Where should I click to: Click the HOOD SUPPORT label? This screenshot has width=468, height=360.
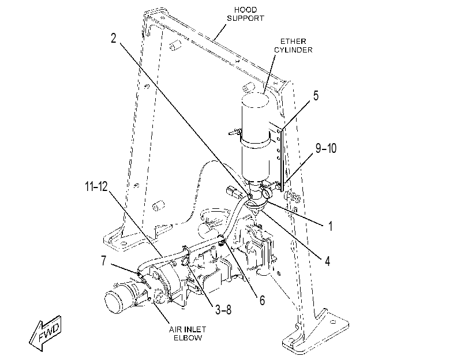pyautogui.click(x=245, y=14)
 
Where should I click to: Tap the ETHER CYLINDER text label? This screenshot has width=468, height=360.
pyautogui.click(x=293, y=46)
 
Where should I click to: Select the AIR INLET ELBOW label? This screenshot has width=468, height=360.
pyautogui.click(x=188, y=333)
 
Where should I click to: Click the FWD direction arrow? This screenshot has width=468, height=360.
pyautogui.click(x=46, y=333)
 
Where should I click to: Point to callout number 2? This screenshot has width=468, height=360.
pyautogui.click(x=114, y=38)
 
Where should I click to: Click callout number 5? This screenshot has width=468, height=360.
pyautogui.click(x=316, y=96)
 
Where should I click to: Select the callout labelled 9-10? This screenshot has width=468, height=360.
pyautogui.click(x=326, y=148)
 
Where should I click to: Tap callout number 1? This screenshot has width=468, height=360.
pyautogui.click(x=331, y=226)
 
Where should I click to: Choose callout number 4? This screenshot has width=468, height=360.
pyautogui.click(x=327, y=261)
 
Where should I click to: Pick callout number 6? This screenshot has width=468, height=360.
pyautogui.click(x=262, y=301)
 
